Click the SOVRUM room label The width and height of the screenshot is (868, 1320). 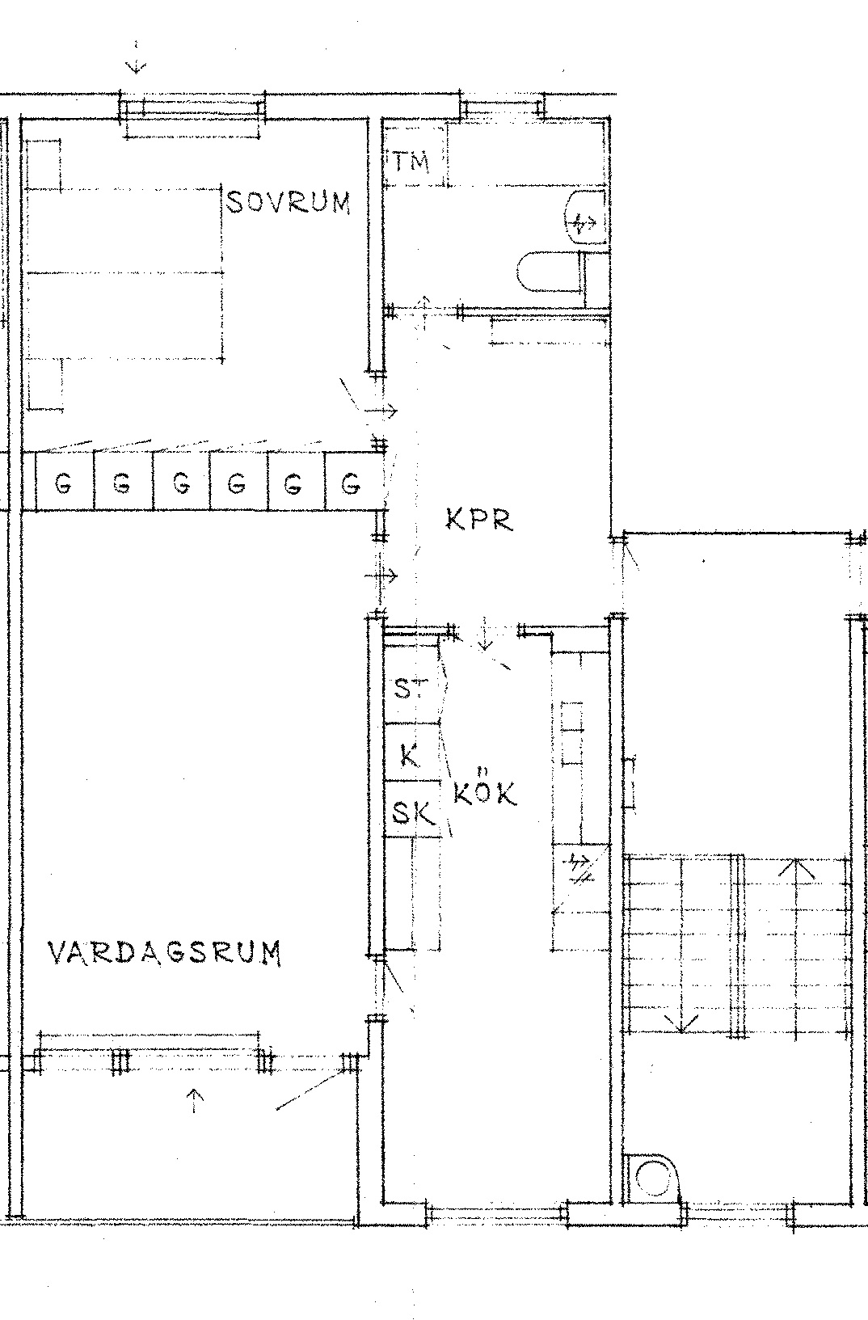[x=289, y=202]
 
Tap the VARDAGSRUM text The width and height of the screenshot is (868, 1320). [x=164, y=953]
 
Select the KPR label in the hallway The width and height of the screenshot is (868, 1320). [x=479, y=519]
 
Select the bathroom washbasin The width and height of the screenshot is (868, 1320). [x=585, y=217]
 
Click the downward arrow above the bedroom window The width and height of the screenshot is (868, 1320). [x=136, y=57]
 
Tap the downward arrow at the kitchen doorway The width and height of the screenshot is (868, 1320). [x=484, y=634]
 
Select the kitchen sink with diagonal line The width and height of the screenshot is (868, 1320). [x=580, y=879]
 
